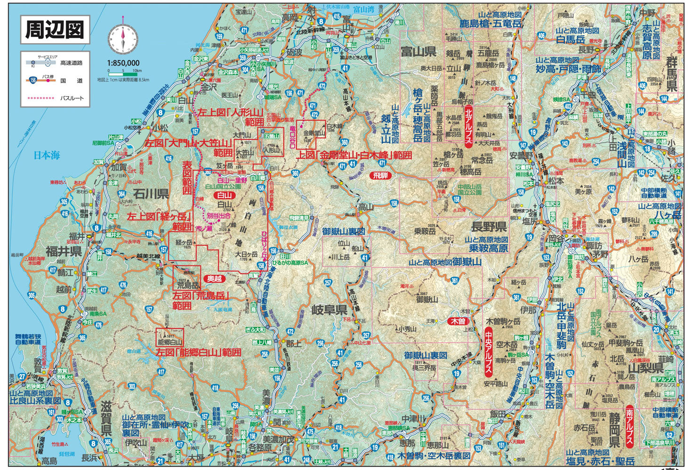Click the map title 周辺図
point(55,30)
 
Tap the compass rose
point(123,39)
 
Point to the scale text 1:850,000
point(123,63)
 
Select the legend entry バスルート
point(72,98)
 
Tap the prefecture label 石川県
point(150,193)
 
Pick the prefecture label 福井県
point(63,251)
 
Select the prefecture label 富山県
point(418,51)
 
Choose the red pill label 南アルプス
point(629,426)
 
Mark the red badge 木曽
point(457,321)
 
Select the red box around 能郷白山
point(169,337)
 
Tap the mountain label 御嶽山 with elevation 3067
point(427,299)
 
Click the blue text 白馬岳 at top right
point(570,40)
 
